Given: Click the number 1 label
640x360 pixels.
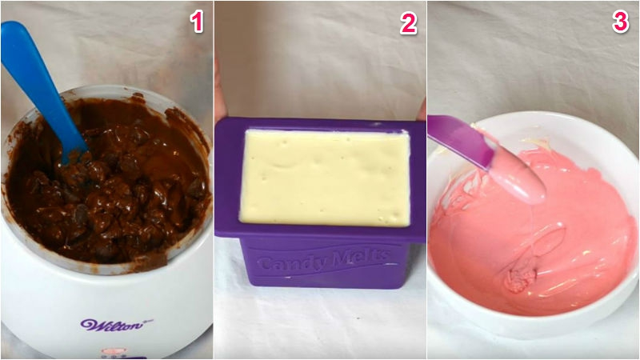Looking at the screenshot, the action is point(197,22).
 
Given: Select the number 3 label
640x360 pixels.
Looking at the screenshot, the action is point(621,22).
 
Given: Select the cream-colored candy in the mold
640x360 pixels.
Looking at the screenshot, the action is point(326,177).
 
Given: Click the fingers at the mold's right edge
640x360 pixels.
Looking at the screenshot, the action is point(422,110).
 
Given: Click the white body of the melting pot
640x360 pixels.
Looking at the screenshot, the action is point(106,302).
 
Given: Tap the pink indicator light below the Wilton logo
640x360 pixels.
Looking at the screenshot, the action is point(110,351).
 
